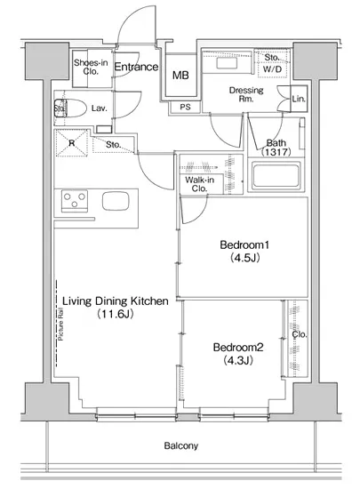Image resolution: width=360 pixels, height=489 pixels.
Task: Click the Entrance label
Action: pos(136,67)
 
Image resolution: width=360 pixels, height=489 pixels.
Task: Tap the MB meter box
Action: pos(180,76)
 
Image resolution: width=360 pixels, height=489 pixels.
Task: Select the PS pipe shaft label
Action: pos(185,107)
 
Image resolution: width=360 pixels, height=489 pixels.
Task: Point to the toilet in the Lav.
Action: pos(70,108)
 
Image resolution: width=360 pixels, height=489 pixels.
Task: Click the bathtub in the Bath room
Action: pos(276,175)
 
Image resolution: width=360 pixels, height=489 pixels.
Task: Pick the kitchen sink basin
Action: pos(116,202)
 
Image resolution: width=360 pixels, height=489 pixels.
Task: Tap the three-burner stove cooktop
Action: pos(74,201)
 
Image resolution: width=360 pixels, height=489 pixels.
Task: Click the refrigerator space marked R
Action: pos(72,143)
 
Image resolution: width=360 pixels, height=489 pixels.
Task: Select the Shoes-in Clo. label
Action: pos(91,67)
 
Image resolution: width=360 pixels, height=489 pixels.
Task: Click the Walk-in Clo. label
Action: pos(199,184)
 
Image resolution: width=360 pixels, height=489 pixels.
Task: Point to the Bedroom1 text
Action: pos(244,244)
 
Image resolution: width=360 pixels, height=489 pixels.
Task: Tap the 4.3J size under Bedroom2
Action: pos(238,360)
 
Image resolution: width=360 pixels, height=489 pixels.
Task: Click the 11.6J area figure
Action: pos(116,314)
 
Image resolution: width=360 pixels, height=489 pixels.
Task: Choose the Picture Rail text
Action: pos(60,324)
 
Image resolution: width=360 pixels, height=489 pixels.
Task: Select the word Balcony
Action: pos(181,445)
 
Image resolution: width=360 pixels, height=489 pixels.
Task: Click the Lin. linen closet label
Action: pos(299,99)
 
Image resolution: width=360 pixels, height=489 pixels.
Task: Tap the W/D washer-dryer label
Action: pos(272,69)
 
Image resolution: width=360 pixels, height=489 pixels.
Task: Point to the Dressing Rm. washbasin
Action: pos(227,64)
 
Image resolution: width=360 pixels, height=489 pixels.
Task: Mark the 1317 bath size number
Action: pos(276,152)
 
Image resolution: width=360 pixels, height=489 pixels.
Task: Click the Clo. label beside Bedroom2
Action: pos(300,334)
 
